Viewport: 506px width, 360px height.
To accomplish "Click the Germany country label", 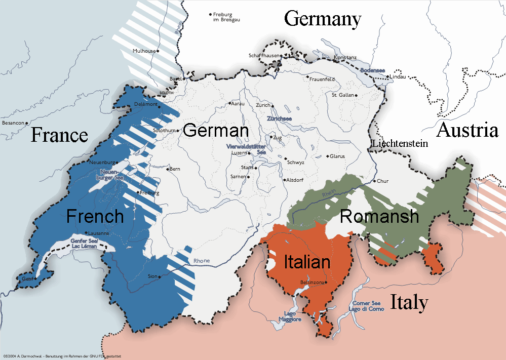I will pos(323,19).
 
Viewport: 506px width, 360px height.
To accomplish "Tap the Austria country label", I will pos(467,131).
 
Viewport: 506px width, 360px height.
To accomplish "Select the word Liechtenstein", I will pos(400,144).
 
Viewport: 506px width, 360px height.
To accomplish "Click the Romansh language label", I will pos(379,217).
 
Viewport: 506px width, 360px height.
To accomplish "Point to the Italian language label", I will pos(307,262).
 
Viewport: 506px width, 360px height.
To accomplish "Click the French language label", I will pos(95,216).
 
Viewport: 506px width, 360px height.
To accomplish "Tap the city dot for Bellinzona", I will pos(326,283).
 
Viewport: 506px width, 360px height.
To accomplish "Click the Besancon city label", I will pos(13,123).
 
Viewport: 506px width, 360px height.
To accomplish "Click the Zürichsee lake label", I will pos(279,118).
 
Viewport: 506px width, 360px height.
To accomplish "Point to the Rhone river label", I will pos(201,261).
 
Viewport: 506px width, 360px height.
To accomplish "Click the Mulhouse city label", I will pos(144,51).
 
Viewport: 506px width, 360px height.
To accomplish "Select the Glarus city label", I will pos(337,156).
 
